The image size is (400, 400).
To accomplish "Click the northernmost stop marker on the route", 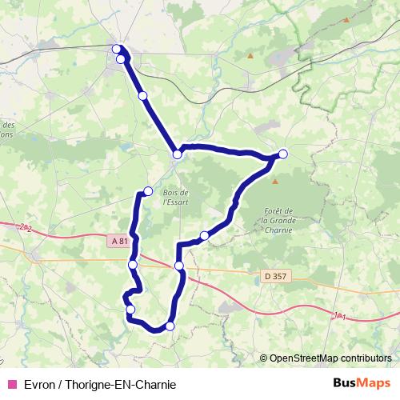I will [117, 50].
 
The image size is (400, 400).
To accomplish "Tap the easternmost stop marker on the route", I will [282, 154].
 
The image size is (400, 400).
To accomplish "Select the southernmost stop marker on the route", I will [170, 326].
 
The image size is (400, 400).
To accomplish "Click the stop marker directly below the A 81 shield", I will [132, 265].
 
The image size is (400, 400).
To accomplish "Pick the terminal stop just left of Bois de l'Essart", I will [148, 190].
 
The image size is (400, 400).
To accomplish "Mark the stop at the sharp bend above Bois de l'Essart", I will [177, 154].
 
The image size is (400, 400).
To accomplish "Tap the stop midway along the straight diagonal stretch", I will [142, 96].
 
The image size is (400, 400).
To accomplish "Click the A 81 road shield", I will [119, 241].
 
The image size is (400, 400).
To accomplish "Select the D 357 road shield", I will [274, 277].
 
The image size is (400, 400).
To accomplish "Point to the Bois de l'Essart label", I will [175, 198].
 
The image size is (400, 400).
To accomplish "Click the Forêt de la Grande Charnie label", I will [278, 220].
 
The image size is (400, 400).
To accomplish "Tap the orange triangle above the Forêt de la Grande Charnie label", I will [275, 182].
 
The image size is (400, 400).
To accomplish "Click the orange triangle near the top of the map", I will [250, 56].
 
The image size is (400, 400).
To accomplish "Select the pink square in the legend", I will [11, 383].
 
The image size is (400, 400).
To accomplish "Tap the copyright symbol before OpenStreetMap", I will [264, 358].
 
